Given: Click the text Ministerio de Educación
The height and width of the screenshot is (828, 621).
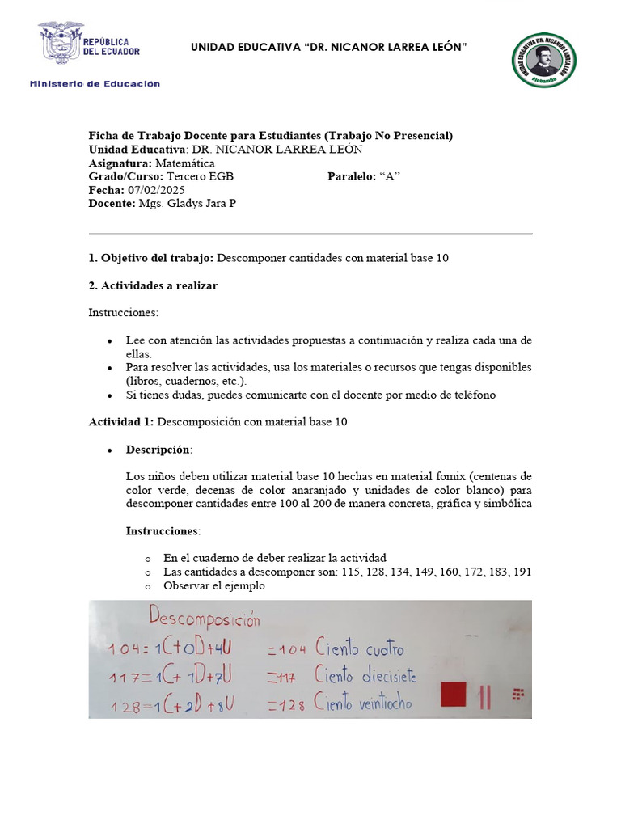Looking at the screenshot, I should click(x=95, y=83).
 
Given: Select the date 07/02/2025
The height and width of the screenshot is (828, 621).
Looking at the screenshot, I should click(x=151, y=190).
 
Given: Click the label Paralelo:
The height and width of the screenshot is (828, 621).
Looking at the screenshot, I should click(x=351, y=176).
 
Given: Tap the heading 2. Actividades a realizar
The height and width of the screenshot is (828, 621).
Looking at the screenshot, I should click(x=153, y=285).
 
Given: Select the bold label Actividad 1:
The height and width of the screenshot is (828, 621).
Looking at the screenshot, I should click(x=121, y=422).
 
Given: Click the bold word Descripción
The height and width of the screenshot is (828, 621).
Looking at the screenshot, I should click(x=158, y=450).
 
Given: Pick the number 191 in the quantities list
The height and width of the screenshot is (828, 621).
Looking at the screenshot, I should click(x=522, y=572).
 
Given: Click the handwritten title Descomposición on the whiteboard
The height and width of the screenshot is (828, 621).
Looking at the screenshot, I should click(x=205, y=621).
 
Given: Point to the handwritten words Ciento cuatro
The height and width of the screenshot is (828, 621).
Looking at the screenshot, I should click(x=360, y=648).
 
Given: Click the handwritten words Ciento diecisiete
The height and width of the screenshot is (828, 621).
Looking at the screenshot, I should click(x=367, y=676).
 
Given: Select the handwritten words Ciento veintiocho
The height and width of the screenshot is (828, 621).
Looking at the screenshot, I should click(x=364, y=703).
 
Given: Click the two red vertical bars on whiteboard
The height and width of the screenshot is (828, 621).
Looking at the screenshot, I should click(x=485, y=697).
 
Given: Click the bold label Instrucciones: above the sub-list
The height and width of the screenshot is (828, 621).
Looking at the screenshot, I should click(x=162, y=531).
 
